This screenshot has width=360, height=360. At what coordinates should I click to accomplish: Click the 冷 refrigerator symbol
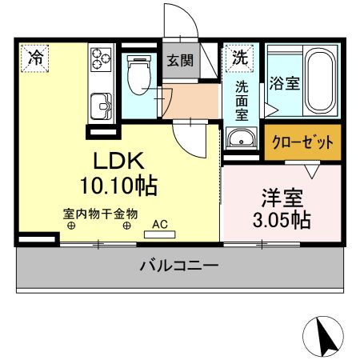tap(34, 58)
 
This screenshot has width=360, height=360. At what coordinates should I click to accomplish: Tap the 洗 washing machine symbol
tap(238, 58)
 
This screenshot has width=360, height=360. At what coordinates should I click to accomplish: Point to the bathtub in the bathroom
tap(322, 81)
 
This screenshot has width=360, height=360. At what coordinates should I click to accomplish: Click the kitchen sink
tap(101, 103)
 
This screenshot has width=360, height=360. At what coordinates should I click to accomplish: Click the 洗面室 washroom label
tap(241, 100)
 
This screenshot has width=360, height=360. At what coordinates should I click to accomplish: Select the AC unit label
tap(158, 225)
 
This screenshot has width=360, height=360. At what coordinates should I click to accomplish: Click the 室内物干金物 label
tap(100, 214)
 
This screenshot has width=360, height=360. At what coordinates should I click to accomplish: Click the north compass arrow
tap(325, 336)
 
